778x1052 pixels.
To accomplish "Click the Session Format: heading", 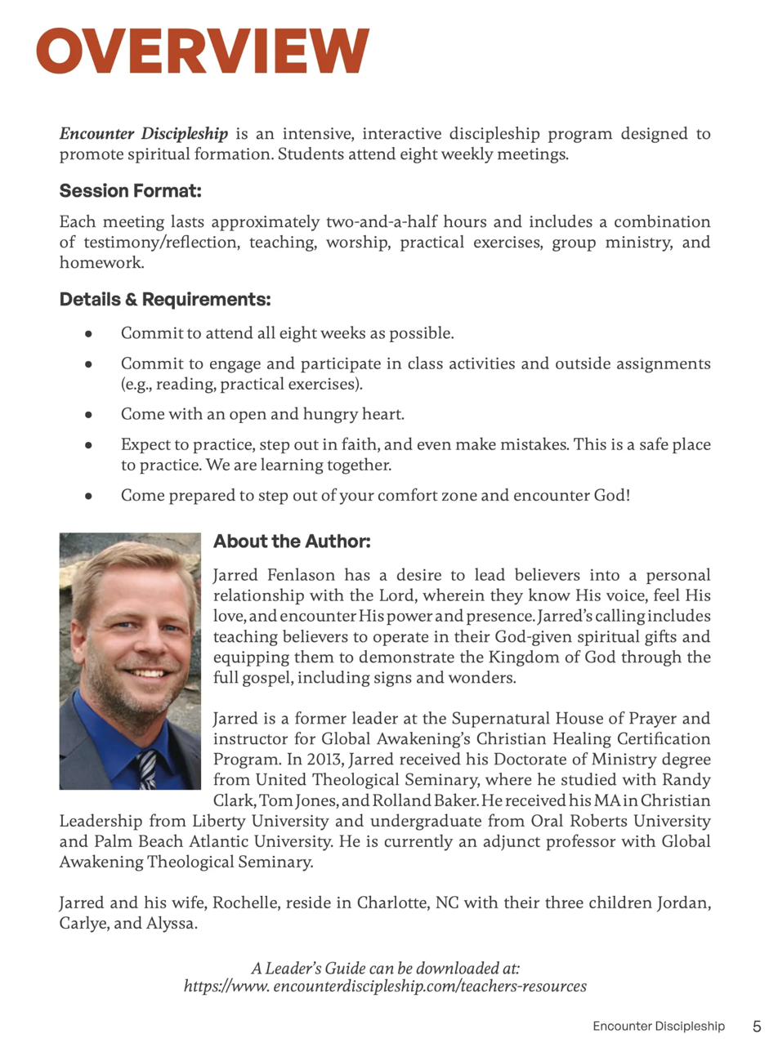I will (x=130, y=191).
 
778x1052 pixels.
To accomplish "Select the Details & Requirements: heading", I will (x=164, y=300).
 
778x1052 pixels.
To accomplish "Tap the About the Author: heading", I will (x=292, y=542).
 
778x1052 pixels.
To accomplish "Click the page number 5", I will (x=757, y=1027).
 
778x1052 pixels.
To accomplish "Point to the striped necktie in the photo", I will (x=146, y=769).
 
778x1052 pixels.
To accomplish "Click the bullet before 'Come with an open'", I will (x=88, y=415).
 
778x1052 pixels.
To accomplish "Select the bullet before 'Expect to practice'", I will (x=88, y=445).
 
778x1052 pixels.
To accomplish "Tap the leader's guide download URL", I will (x=385, y=987).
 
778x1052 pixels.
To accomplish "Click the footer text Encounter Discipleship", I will (x=658, y=1027).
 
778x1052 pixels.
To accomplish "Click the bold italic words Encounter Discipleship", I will (x=143, y=134).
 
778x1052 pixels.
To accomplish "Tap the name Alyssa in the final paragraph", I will (x=170, y=925).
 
